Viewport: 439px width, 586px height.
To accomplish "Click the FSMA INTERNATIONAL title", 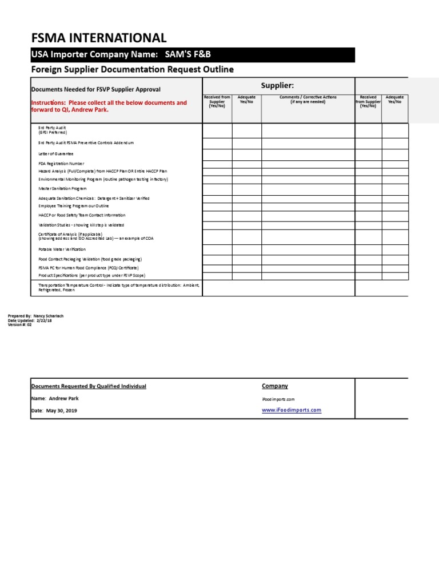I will (98, 38).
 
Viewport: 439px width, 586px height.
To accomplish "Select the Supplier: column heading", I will (277, 85).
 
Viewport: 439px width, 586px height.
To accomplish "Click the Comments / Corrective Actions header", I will (308, 100).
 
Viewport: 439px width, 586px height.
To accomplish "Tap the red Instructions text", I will (109, 106).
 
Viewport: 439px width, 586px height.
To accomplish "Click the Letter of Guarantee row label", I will (55, 154).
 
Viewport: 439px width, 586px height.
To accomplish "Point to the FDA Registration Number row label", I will (61, 164).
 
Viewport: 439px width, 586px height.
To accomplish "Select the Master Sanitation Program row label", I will (62, 188).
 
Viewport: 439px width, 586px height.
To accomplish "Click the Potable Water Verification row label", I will (62, 250).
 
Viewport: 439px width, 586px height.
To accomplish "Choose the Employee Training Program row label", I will (73, 205).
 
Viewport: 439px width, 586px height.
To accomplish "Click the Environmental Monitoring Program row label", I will (103, 179).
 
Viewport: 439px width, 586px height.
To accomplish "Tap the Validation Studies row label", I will (81, 225).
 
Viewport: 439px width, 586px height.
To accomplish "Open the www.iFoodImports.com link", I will (292, 410).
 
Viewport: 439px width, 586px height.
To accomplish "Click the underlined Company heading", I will (275, 386).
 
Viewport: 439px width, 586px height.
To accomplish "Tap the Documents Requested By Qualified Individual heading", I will (88, 386).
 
